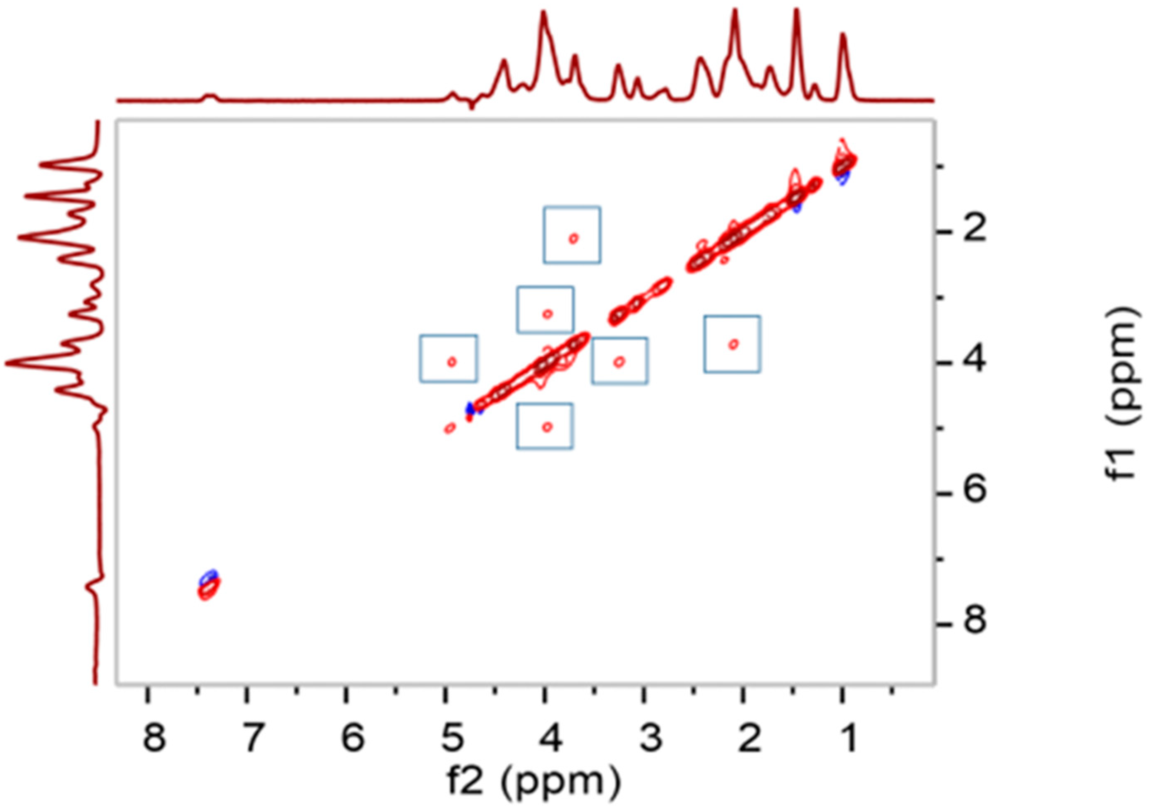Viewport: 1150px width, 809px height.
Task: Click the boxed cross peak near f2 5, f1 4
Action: click(x=452, y=361)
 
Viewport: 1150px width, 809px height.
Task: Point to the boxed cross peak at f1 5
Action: click(x=547, y=427)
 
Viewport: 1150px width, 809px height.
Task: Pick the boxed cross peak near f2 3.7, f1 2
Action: click(x=574, y=238)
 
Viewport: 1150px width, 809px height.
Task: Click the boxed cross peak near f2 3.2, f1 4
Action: click(x=619, y=361)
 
